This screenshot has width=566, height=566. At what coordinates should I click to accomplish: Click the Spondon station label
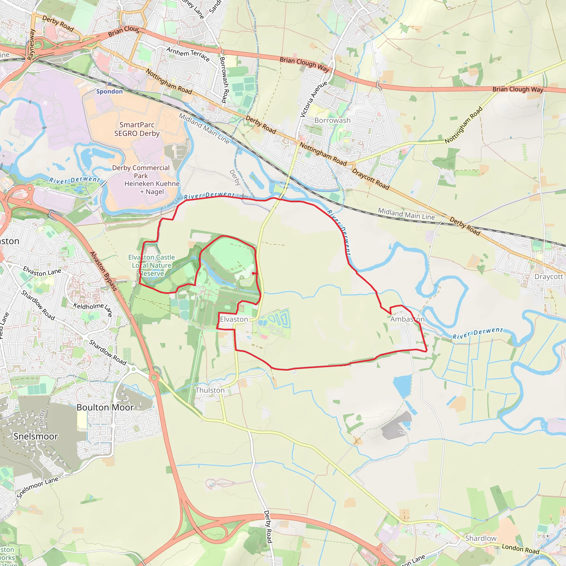click(109, 91)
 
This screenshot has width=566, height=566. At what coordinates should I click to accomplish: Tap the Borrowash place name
click(332, 120)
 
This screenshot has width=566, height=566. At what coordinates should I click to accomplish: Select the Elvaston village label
click(234, 319)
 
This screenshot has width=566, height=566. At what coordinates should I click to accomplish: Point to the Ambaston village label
click(407, 319)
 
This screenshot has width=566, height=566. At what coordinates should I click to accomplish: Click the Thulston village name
click(210, 390)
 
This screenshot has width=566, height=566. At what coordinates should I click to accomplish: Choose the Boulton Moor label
click(105, 408)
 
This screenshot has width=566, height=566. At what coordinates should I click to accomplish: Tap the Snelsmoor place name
click(36, 436)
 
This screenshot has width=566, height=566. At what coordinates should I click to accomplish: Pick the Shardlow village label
click(481, 538)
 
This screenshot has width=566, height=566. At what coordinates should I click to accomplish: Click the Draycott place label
click(548, 277)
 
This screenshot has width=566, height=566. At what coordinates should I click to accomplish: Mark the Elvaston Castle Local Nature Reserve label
click(151, 265)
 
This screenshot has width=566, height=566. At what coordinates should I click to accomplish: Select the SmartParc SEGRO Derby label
click(137, 129)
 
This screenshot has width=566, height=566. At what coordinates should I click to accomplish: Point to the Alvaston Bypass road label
click(103, 271)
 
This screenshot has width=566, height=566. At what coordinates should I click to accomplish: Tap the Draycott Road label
click(370, 179)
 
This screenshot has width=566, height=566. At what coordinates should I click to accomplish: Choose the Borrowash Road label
click(223, 80)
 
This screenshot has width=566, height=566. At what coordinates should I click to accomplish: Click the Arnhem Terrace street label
click(188, 54)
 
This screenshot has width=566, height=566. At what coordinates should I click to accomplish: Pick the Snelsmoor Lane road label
click(37, 487)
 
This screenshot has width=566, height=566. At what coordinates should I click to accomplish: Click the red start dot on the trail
click(253, 273)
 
